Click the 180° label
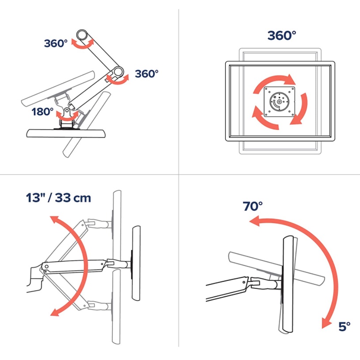(x=42, y=112)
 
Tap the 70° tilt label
(x=253, y=206)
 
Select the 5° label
(x=345, y=326)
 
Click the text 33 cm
(x=73, y=198)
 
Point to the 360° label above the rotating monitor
(x=282, y=36)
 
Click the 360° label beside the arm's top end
(x=56, y=43)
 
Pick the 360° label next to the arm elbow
(x=147, y=74)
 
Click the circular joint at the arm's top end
(x=82, y=35)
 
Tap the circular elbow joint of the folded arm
(x=118, y=72)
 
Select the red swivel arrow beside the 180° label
(x=67, y=117)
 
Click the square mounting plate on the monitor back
(x=280, y=102)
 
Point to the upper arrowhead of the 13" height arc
(x=55, y=219)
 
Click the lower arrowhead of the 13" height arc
(x=55, y=312)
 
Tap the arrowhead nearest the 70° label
(x=254, y=221)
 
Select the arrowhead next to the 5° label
(x=326, y=323)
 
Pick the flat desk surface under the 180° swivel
(x=66, y=133)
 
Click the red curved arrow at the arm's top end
(x=83, y=44)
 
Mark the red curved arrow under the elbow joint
(x=117, y=80)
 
